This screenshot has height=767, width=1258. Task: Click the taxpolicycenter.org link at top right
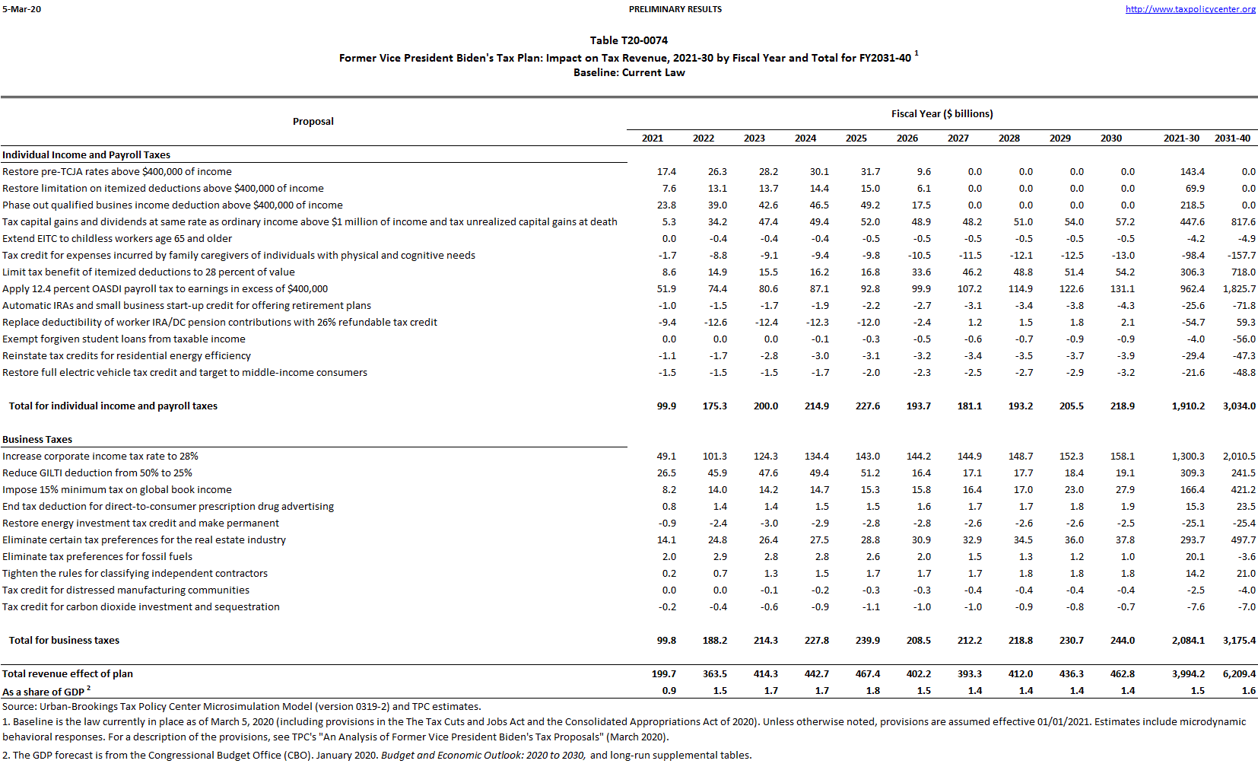point(1190,9)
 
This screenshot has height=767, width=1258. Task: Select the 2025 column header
point(856,138)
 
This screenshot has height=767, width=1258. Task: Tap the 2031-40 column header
point(1232,138)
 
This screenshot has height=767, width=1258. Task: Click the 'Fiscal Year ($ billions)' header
point(942,114)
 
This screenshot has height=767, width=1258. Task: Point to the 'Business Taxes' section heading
point(37,440)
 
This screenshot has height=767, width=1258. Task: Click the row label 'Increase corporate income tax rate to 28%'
point(100,457)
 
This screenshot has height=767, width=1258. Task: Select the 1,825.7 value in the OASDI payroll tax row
point(1239,289)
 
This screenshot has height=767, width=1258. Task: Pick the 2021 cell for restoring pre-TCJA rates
point(666,172)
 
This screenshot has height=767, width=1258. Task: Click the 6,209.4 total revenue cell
point(1239,674)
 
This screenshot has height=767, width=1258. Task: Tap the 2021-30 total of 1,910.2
point(1188,406)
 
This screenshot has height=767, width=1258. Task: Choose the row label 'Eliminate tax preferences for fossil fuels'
point(97,557)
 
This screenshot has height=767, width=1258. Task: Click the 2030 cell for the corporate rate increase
point(1122,457)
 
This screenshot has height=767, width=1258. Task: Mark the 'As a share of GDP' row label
point(43,692)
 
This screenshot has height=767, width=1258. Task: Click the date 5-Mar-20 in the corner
point(21,9)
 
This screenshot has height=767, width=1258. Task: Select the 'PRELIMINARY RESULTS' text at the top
point(675,9)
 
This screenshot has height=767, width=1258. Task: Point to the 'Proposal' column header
point(313,122)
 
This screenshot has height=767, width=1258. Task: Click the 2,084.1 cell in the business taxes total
point(1188,641)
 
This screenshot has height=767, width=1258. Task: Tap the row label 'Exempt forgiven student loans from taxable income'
point(124,339)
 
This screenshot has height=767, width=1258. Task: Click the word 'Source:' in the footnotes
point(19,707)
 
